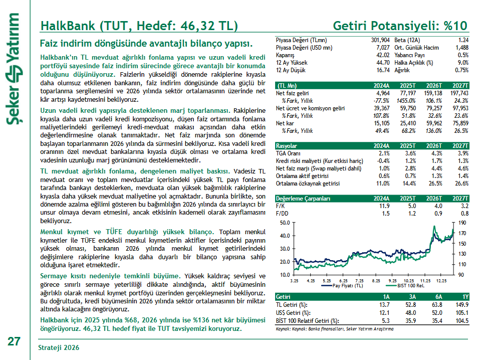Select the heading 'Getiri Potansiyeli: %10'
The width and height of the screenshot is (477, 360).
point(401,26)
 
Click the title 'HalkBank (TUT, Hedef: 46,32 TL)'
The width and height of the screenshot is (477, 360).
point(139,26)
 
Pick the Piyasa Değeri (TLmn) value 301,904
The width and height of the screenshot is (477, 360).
point(380,40)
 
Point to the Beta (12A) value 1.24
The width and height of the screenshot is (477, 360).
point(462,40)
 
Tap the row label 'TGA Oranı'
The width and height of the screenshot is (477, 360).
point(288,153)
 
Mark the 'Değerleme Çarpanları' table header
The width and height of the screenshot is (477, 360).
point(303,199)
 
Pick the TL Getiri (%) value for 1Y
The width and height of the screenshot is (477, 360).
point(461,305)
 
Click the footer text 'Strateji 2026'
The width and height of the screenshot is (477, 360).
point(59,347)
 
